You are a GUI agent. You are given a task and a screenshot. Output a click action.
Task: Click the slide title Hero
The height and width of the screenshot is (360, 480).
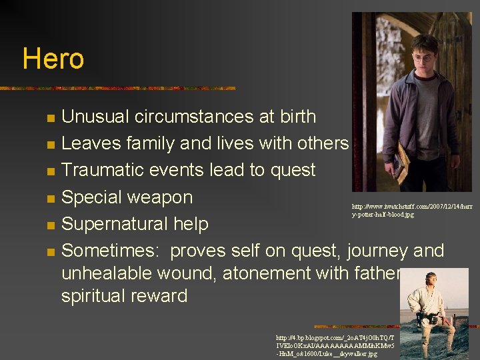click(x=53, y=59)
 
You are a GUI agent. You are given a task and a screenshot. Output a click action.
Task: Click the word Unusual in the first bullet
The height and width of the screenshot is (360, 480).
click(x=95, y=117)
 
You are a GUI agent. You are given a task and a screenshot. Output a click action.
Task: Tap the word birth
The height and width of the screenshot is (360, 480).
click(x=293, y=117)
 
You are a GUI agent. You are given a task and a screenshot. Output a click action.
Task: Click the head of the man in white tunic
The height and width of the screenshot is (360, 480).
click(x=427, y=281)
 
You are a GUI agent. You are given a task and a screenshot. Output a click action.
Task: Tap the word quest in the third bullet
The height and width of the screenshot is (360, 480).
click(x=291, y=170)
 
